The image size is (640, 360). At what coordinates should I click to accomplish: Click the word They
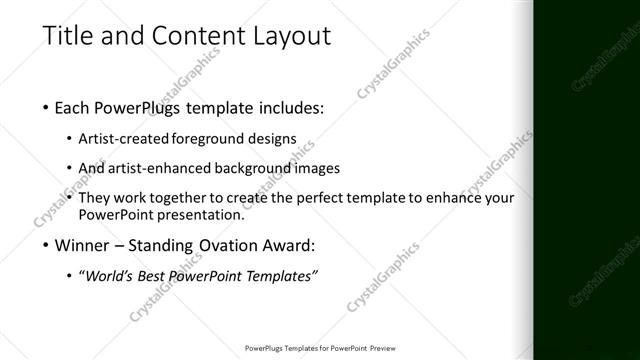pyautogui.click(x=95, y=198)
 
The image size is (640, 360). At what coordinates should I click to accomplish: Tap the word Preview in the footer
pyautogui.click(x=376, y=349)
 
